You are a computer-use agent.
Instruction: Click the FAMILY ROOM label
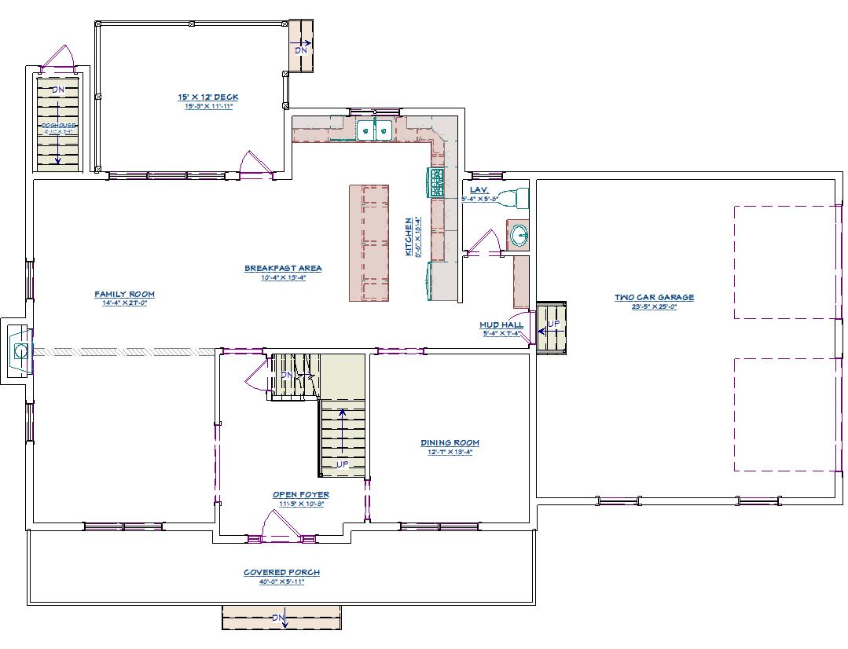tap(125, 295)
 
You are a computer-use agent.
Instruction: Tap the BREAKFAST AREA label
tap(283, 268)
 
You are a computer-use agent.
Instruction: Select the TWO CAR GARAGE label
tap(654, 297)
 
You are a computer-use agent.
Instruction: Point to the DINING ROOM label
tap(450, 443)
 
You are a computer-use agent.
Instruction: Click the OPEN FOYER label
tap(301, 494)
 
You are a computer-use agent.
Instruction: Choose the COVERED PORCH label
tap(281, 572)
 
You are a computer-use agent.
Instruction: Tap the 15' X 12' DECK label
tap(207, 97)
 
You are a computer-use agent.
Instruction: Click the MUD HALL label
tap(501, 324)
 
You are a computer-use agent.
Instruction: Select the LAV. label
tap(479, 190)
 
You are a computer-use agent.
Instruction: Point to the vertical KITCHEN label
tap(408, 236)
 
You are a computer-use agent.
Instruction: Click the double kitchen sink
tap(374, 130)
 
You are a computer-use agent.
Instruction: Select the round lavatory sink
tap(518, 234)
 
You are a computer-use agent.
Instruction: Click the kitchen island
tap(369, 243)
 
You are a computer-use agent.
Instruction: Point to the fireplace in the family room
tap(20, 350)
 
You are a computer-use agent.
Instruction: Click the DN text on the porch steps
tap(278, 618)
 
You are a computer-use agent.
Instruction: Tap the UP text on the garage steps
tap(554, 324)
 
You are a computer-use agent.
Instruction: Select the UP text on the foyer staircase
tap(343, 464)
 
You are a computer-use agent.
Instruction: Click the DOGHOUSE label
tap(57, 125)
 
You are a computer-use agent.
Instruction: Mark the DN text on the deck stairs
tap(301, 50)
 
